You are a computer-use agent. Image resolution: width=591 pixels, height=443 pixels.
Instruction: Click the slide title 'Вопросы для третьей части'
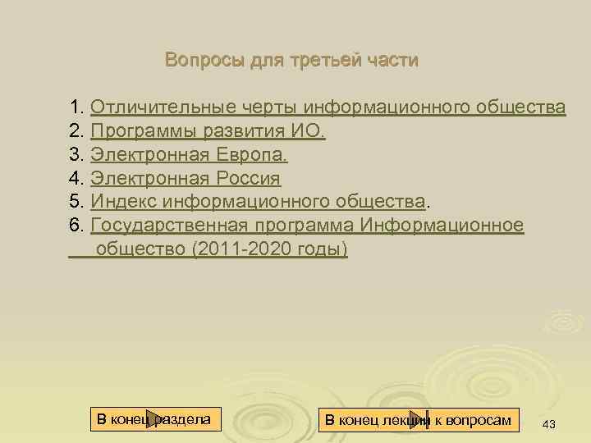291,60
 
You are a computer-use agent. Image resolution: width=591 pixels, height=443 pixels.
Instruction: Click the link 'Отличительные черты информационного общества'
328,107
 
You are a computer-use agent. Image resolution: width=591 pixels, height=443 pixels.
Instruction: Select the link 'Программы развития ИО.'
208,131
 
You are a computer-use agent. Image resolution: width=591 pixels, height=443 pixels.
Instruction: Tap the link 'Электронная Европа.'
189,155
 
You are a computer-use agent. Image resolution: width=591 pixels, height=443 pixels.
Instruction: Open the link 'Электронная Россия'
186,179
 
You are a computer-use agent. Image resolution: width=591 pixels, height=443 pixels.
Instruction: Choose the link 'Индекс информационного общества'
258,202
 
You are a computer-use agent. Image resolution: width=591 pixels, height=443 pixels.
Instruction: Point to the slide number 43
549,423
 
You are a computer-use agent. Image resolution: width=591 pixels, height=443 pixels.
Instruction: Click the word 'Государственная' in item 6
164,226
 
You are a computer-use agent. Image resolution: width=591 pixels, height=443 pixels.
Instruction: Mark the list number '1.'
78,107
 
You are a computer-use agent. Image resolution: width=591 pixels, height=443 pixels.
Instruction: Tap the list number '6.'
78,226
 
